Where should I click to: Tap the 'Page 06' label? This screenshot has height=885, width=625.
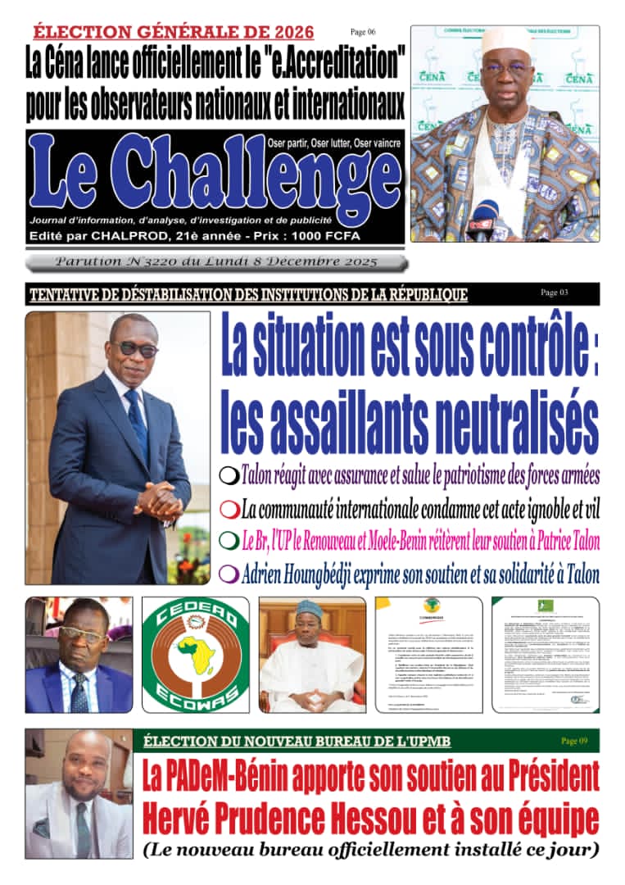362,32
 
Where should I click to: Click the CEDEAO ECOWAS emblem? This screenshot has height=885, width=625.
195,655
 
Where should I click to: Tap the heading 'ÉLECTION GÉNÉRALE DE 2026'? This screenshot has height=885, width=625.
174,32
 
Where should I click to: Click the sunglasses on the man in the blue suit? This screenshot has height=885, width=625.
135,347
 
